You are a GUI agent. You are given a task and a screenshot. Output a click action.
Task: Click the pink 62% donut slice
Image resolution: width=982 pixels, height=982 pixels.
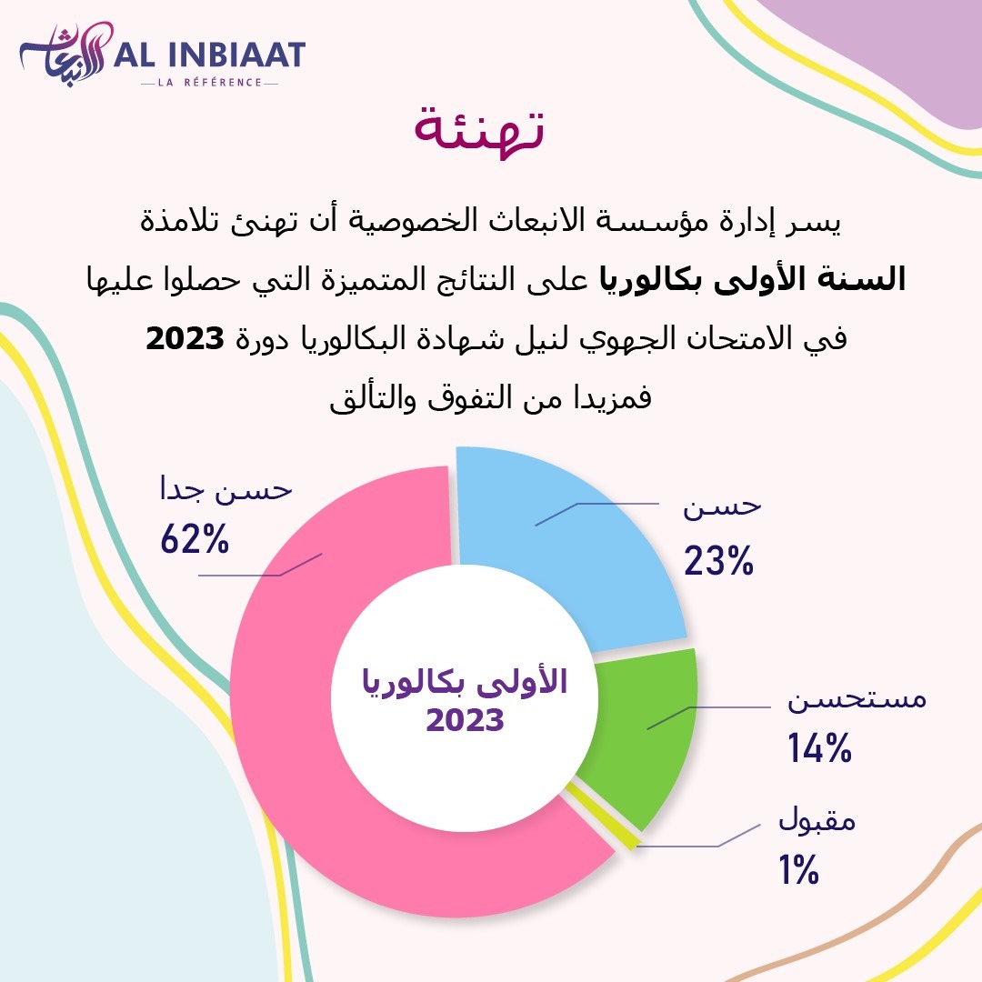300,727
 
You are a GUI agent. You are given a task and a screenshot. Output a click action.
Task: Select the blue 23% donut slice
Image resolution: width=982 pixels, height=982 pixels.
582,546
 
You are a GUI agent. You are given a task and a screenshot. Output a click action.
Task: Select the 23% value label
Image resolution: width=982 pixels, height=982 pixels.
719,561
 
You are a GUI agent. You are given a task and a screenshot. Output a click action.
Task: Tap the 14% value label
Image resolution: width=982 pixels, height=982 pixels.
819,749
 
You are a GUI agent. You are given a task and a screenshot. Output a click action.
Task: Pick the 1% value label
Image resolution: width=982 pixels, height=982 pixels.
799,871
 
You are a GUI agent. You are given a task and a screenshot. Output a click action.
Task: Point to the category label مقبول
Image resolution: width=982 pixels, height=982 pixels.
817,822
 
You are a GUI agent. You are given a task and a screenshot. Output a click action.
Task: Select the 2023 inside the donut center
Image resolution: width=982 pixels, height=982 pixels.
465,721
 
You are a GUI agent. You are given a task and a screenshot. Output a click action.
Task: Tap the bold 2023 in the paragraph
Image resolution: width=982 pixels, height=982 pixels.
185,340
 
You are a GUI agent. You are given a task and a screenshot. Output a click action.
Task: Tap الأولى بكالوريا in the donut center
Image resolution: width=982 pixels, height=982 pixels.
465,682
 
